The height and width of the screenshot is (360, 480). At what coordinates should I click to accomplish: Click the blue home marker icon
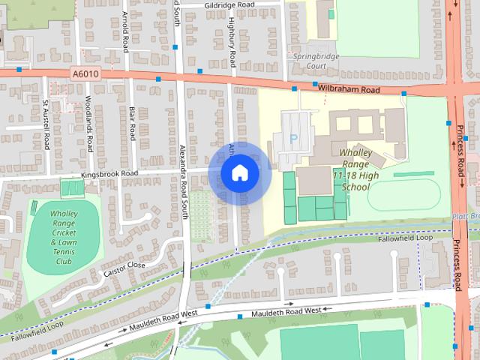tap(239, 173)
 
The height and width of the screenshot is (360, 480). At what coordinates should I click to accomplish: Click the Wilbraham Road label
tap(349, 89)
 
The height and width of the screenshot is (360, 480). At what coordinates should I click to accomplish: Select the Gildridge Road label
tap(220, 4)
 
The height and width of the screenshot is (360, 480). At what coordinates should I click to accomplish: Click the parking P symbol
tap(294, 139)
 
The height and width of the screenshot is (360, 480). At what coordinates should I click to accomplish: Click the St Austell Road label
tap(46, 124)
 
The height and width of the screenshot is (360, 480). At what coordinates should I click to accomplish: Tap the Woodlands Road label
tap(88, 124)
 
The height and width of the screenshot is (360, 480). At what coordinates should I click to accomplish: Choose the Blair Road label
tap(132, 124)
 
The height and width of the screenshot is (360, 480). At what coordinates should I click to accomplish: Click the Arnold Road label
tap(125, 28)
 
